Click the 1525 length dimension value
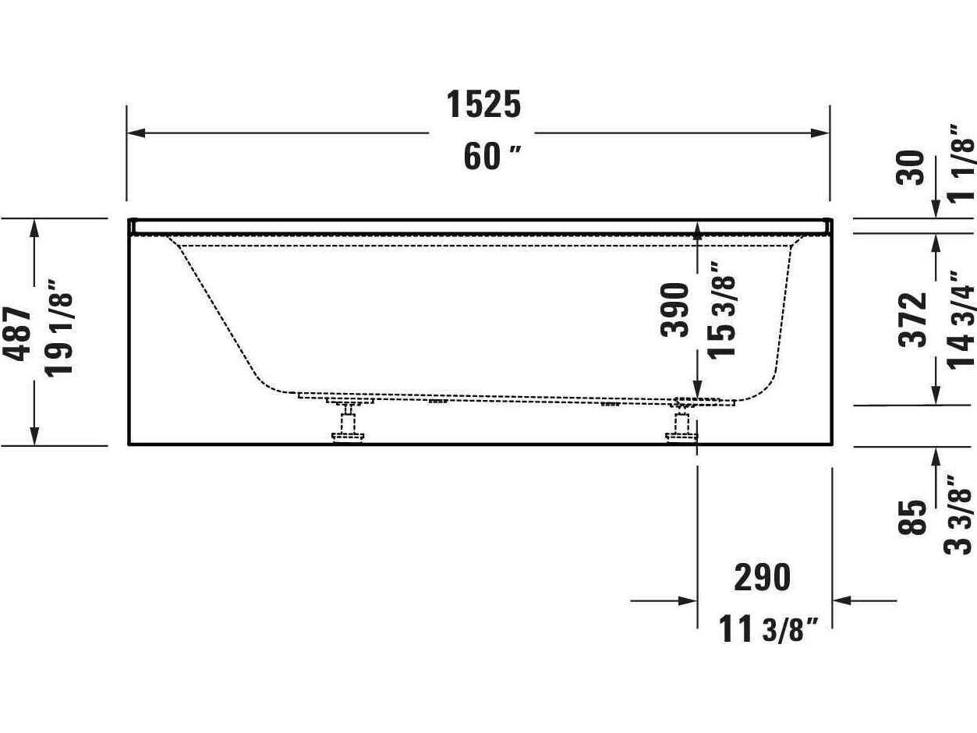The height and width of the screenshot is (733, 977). pos(483,104)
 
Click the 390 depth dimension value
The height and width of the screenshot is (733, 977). pos(675,310)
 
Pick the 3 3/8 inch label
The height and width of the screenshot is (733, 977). pos(959,515)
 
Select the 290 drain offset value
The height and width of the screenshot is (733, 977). pos(762,578)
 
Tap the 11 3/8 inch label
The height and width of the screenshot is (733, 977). pos(768,629)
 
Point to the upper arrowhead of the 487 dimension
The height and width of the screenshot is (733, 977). pos(34,227)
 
